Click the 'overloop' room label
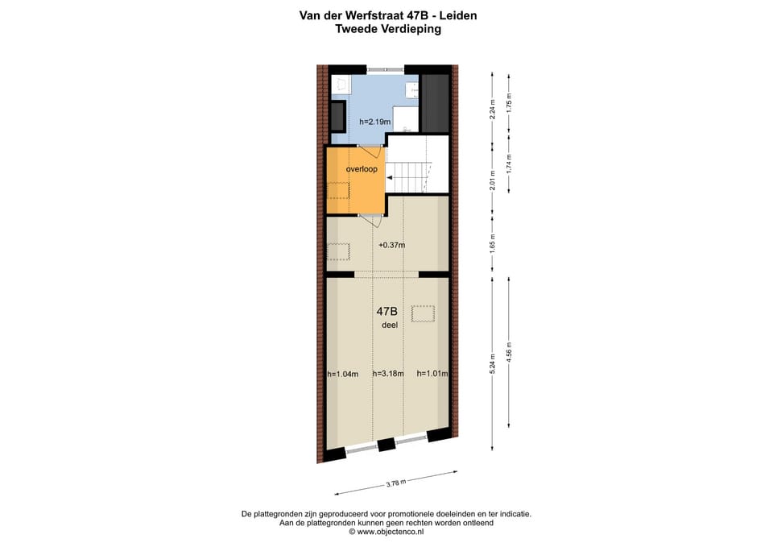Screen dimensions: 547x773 coord(362,169)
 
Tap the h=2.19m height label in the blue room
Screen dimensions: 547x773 coord(374,122)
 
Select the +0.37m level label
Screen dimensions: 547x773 coord(391,245)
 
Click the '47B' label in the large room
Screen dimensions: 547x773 coord(386,311)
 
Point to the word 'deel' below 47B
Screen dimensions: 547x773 coord(390,325)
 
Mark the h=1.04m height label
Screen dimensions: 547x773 coord(342,374)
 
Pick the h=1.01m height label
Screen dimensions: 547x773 coord(432,374)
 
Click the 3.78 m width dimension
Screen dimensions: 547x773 coord(395,483)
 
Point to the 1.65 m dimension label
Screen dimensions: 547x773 coord(492,243)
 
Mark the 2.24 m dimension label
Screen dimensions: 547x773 coord(492,110)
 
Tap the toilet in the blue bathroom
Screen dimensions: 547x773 coord(340,84)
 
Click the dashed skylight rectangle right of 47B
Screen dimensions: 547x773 coord(423,313)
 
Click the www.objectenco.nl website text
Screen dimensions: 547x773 coord(391,532)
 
